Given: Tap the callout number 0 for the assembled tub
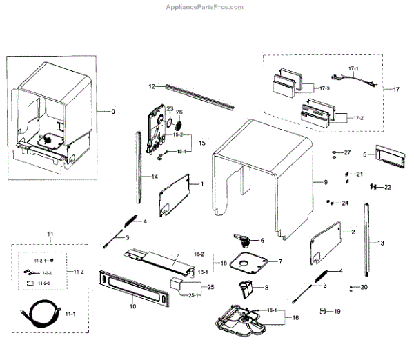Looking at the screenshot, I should [x=114, y=112].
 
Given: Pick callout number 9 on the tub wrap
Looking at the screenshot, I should [x=325, y=182].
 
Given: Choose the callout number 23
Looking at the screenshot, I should [x=170, y=109].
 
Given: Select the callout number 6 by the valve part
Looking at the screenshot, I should [x=262, y=240].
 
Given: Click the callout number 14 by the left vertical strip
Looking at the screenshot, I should [x=155, y=177].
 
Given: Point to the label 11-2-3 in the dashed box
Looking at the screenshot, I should [x=44, y=283].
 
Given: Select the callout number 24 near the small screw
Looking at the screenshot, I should [x=345, y=203].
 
